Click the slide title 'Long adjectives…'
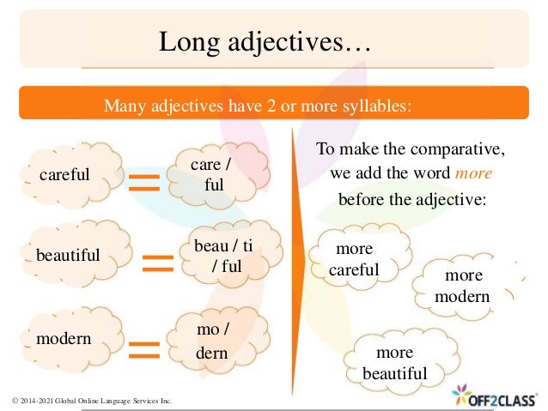265,42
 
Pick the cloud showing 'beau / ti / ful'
225,255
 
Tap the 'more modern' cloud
465,286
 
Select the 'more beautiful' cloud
395,362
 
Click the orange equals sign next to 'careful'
145,181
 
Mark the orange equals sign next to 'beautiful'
157,262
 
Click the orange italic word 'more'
473,172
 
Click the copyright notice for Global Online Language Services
92,401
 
